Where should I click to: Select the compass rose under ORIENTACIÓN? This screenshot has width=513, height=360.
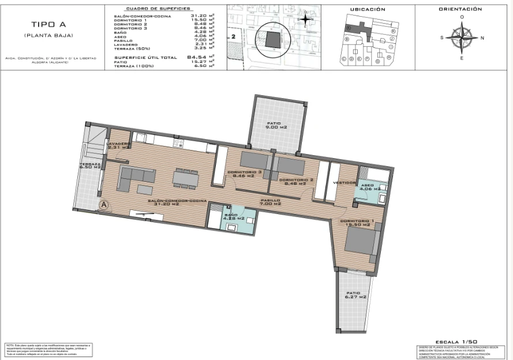click(461, 38)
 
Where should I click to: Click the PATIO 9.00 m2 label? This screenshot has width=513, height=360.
click(276, 126)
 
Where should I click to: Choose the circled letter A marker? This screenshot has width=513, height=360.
click(104, 204)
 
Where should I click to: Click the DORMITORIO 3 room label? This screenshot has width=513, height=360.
click(245, 174)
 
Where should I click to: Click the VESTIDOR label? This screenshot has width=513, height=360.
click(345, 183)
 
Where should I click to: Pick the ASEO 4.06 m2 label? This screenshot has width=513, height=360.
click(369, 186)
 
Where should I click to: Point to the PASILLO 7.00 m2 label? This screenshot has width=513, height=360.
click(270, 202)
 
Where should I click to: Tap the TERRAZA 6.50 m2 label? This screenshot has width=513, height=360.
click(90, 166)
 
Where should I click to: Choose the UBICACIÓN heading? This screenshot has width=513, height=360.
click(368, 9)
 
